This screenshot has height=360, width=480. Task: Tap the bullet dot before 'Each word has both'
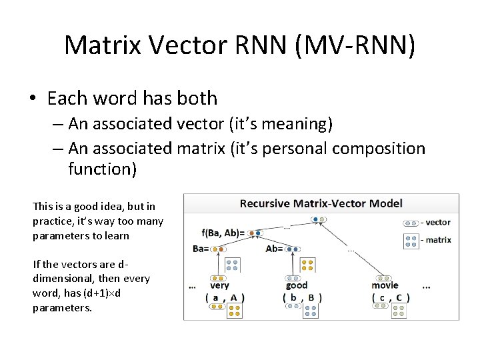click(33, 99)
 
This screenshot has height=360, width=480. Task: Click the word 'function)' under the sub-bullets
click(102, 169)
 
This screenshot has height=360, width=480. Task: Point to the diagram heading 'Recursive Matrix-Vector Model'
click(321, 203)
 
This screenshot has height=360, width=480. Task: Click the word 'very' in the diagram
click(219, 285)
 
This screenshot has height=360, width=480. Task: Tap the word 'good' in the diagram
click(296, 285)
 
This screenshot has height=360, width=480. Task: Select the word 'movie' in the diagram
click(385, 285)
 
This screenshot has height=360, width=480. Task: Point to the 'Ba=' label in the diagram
click(201, 249)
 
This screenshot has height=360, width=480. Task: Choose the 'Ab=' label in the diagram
click(275, 249)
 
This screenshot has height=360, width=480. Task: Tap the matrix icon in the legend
click(411, 240)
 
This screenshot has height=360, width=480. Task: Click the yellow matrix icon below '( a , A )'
click(234, 311)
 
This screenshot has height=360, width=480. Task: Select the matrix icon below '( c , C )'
click(399, 311)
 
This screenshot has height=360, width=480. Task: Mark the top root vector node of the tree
click(320, 219)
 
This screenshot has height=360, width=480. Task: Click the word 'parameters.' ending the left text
click(62, 308)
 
